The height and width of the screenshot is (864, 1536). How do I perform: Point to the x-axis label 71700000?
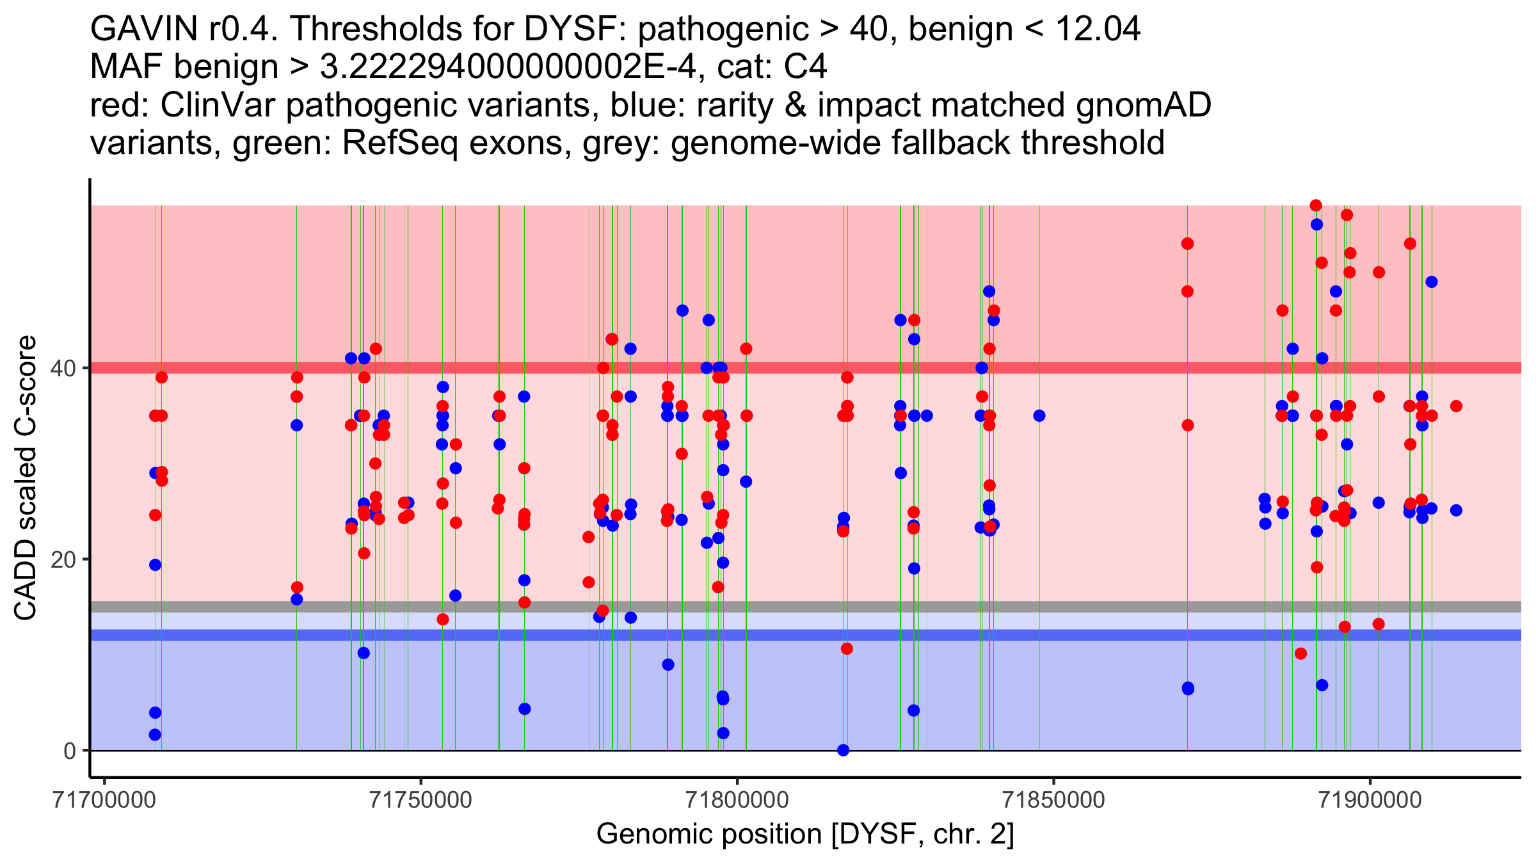(105, 800)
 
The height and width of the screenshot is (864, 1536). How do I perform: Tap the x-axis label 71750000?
(421, 800)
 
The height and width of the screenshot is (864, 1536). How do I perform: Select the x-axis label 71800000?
(737, 800)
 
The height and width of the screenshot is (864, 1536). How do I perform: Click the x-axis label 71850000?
(1053, 800)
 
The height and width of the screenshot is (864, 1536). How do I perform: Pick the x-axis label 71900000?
(1370, 800)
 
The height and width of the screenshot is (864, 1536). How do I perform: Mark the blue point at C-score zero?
(844, 750)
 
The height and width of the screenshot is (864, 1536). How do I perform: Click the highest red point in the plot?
(1316, 205)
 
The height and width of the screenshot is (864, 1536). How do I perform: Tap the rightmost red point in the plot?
(1456, 406)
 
